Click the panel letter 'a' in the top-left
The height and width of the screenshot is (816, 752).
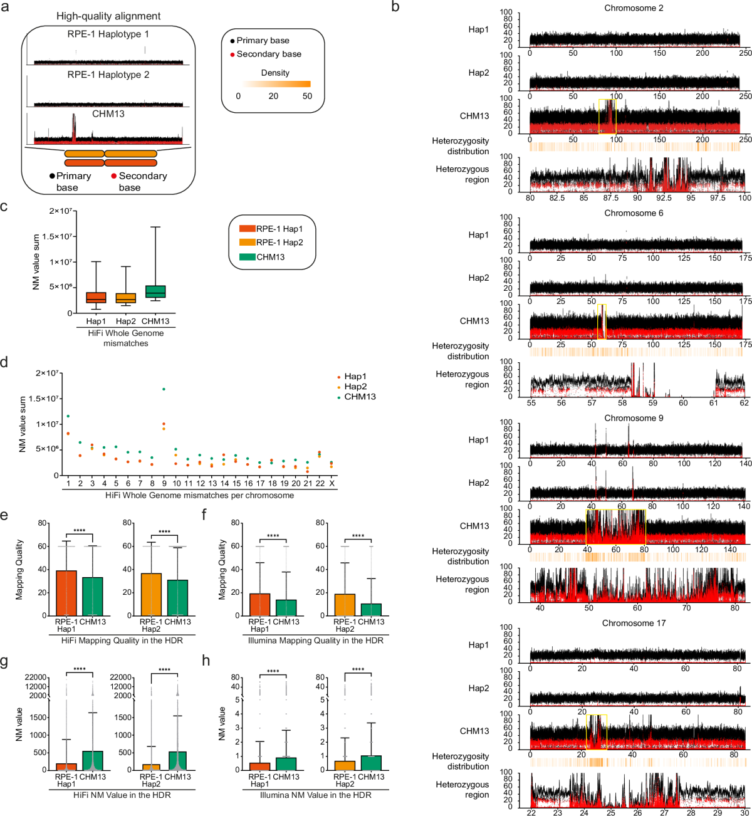pos(4,8)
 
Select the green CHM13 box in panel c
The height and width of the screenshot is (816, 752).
pos(155,291)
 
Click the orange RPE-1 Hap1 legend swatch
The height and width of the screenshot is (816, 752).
pos(247,229)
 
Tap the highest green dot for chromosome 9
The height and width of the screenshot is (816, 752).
pos(164,389)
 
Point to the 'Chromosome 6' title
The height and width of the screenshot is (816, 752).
pos(634,213)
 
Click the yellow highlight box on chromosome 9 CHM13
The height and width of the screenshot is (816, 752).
pos(615,526)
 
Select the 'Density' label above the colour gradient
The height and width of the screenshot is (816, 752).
pos(275,73)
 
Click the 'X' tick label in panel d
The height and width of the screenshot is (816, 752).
pos(332,484)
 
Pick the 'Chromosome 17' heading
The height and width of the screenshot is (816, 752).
pos(634,623)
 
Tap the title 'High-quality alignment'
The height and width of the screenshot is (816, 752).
pos(108,16)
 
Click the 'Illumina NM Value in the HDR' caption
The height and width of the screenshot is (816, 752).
pos(315,795)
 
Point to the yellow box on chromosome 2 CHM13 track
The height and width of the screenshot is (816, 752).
pos(607,116)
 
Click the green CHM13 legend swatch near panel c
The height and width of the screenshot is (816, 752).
pos(247,257)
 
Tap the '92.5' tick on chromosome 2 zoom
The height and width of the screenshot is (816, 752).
pos(664,198)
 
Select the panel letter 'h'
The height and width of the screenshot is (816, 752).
pos(206,659)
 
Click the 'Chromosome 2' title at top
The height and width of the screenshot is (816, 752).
pos(634,8)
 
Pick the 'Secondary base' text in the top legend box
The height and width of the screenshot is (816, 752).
pos(269,54)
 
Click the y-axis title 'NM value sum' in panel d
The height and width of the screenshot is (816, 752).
pos(23,424)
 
